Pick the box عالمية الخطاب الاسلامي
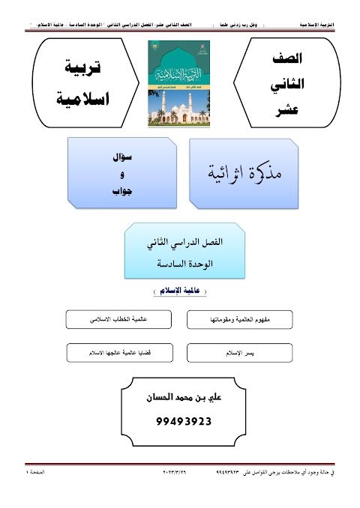pos(120,320)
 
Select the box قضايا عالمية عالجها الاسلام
pos(120,351)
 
